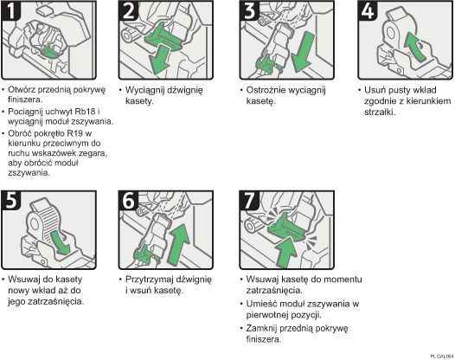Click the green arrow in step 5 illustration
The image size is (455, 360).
(x=60, y=241)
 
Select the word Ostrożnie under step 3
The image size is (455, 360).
(x=268, y=89)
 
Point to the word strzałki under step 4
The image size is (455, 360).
(x=384, y=112)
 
